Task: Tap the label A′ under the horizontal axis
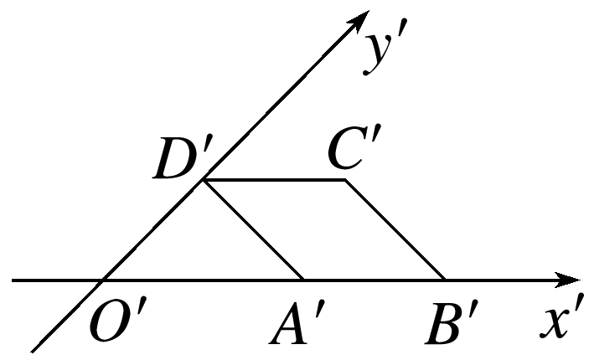click(292, 322)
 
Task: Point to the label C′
click(351, 152)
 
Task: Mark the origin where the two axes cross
click(102, 279)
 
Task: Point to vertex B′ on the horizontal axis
click(445, 279)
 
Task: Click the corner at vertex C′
click(345, 179)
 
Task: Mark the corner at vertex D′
click(204, 179)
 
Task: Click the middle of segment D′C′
click(275, 179)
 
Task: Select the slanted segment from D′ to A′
click(254, 229)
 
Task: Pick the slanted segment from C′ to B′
click(395, 229)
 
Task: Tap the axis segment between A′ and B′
click(374, 279)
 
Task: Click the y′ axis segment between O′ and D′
click(153, 229)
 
